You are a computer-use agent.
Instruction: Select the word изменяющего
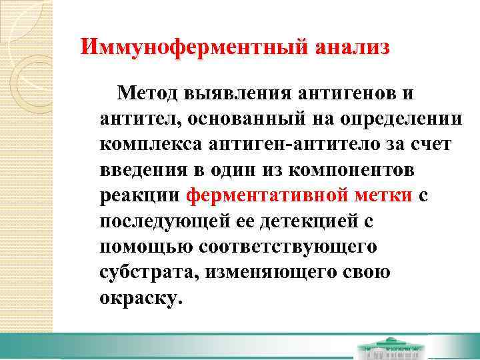pos(281,272)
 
